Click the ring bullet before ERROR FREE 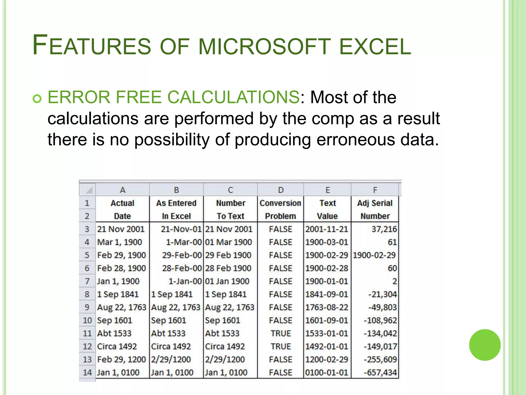coord(37,98)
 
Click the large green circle coord(485,345)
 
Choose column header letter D coord(281,190)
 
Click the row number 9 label coord(87,307)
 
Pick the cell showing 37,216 coord(384,229)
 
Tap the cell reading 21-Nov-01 coord(181,229)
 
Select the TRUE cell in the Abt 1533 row coord(281,333)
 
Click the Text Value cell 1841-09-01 coord(326,294)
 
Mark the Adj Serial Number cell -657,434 coord(380,372)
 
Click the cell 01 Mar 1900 coord(228,242)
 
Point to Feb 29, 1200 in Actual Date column coord(121,359)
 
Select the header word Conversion coord(280,203)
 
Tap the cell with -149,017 coord(380,346)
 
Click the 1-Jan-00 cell coord(185,281)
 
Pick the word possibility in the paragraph coord(172,140)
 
